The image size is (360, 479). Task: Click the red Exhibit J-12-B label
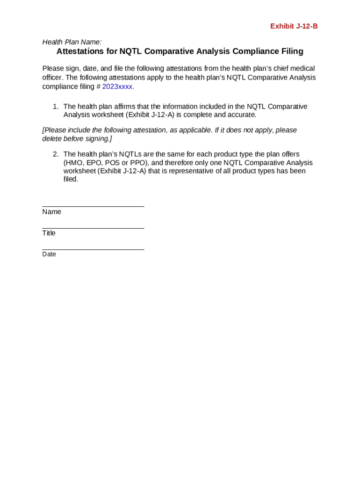coord(294,26)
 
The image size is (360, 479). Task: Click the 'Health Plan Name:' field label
coord(72,42)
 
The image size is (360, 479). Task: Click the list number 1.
coord(55,107)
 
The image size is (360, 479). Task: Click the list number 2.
coord(55,154)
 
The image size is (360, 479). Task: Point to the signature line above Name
coord(93,206)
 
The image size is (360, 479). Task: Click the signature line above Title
coord(93,228)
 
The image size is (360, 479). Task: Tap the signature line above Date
coord(93,249)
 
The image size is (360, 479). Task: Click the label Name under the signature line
coord(51,212)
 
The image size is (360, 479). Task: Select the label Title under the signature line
coord(49,233)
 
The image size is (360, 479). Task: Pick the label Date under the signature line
coord(49,254)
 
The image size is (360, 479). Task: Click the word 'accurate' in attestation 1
coord(242,115)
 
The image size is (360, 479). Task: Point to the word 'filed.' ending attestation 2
coord(71,179)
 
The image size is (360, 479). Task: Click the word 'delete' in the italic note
coord(52,139)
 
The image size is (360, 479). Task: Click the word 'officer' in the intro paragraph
coord(53,78)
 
